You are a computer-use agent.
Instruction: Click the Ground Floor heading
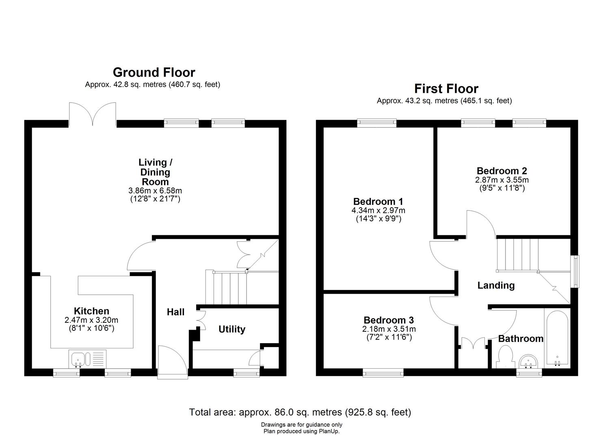tap(154, 72)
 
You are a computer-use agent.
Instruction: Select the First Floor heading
tap(446, 88)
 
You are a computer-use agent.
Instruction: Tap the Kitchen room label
tap(91, 311)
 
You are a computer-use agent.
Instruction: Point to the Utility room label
tap(232, 329)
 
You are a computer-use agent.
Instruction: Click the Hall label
tap(175, 312)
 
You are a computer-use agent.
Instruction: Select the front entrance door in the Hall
tap(172, 362)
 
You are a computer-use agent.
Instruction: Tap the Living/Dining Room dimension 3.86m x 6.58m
tap(155, 191)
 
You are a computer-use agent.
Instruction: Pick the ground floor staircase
tap(226, 288)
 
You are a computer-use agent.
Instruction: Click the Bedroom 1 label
tap(378, 202)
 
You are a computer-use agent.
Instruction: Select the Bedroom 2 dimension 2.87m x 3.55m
tap(502, 180)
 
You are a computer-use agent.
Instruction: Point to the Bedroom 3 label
tap(389, 320)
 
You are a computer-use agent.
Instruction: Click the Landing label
tap(496, 285)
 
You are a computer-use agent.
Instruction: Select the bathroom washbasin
tap(529, 360)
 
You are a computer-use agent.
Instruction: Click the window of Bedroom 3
tap(383, 372)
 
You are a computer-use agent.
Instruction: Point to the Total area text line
tap(300, 412)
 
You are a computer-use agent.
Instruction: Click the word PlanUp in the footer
tap(329, 432)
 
